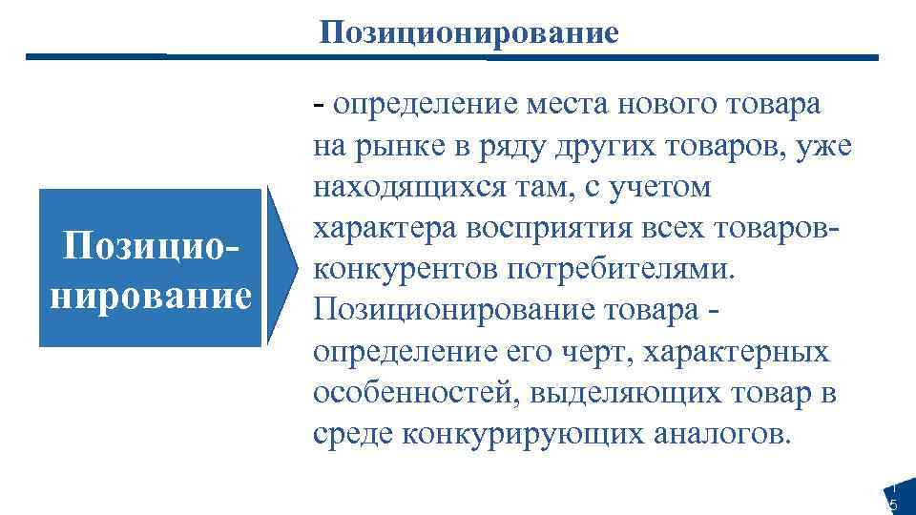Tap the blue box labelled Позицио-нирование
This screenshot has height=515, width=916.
pos(149,267)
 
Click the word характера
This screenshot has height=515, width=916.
pos(381,228)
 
